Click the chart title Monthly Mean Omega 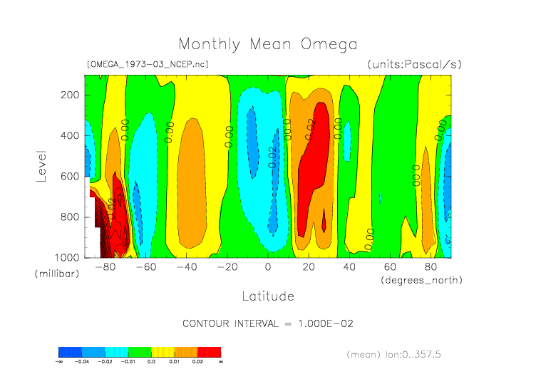[x=267, y=45]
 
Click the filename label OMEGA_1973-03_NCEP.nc [x=147, y=64]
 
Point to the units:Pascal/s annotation [x=415, y=64]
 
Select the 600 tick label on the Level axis [x=70, y=176]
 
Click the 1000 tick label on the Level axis [x=67, y=257]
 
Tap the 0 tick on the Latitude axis [x=268, y=268]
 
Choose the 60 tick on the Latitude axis [x=391, y=268]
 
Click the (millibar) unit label [x=55, y=274]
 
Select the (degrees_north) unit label [x=421, y=280]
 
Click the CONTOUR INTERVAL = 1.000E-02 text [x=268, y=323]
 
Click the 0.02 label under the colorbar [x=197, y=362]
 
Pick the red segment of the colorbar [x=209, y=352]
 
